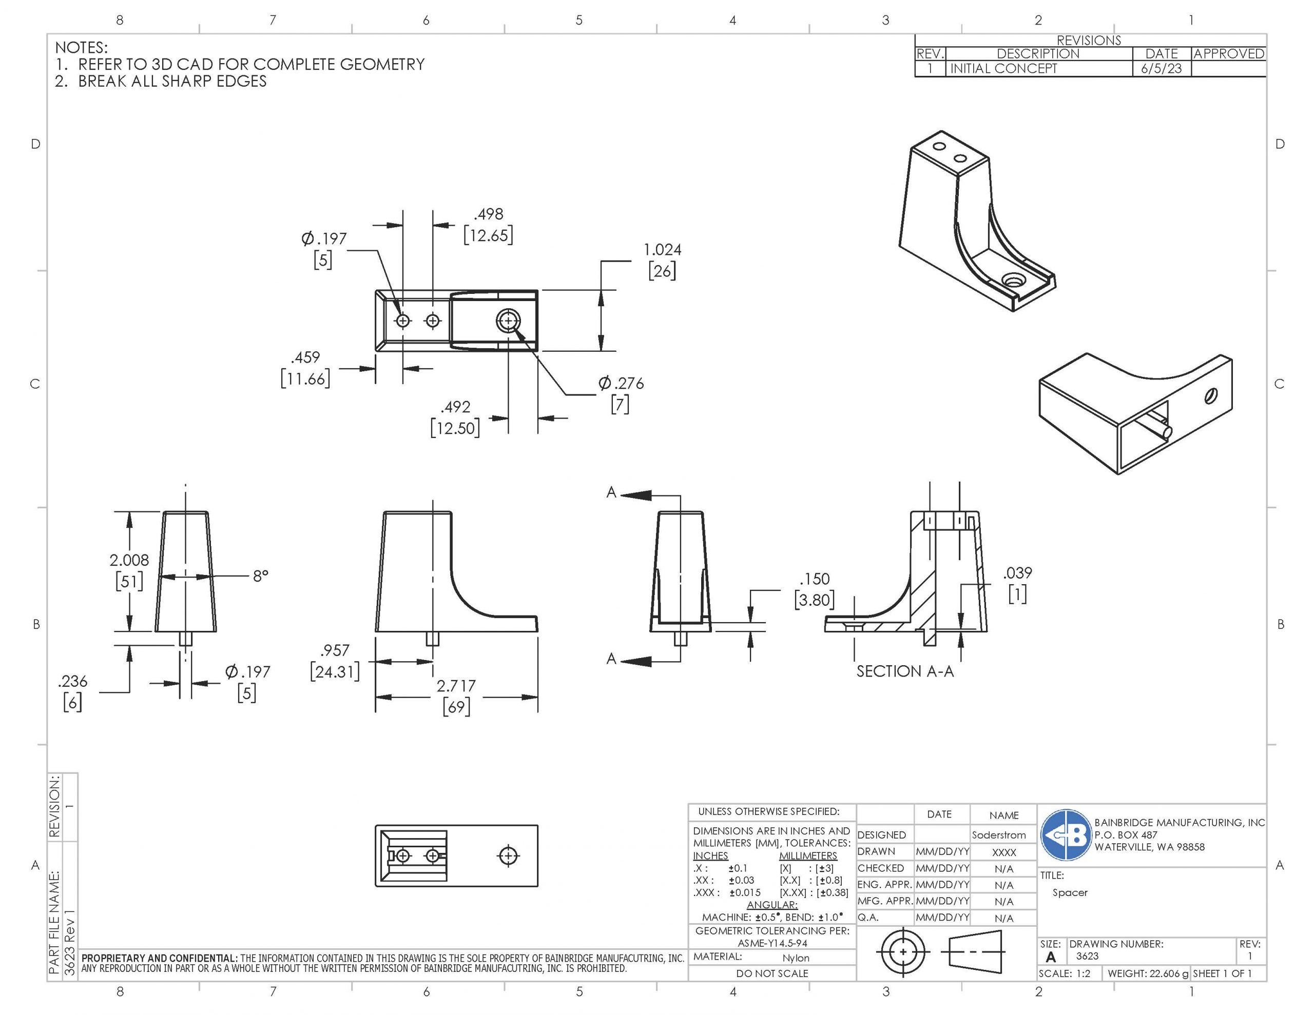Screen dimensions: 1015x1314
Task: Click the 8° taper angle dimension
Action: pyautogui.click(x=260, y=576)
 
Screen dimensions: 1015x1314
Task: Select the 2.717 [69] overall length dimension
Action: pyautogui.click(x=456, y=695)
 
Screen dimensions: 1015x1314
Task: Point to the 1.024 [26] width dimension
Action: pyautogui.click(x=662, y=260)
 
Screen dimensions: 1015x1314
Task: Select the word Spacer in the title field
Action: pyautogui.click(x=1070, y=892)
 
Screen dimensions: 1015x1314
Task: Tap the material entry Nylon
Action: pyautogui.click(x=796, y=958)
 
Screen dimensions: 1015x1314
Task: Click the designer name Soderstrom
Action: pyautogui.click(x=998, y=834)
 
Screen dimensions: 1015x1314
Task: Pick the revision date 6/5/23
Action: pyautogui.click(x=1161, y=69)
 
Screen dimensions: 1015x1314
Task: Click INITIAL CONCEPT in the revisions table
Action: pyautogui.click(x=1003, y=69)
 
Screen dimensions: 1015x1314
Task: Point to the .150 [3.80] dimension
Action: pyautogui.click(x=814, y=589)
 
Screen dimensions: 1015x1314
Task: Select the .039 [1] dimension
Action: pyautogui.click(x=1017, y=583)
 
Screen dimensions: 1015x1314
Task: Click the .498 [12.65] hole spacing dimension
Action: pyautogui.click(x=488, y=224)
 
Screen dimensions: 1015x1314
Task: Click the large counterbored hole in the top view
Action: pyautogui.click(x=508, y=321)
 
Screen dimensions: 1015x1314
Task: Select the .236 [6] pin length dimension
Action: pyautogui.click(x=73, y=691)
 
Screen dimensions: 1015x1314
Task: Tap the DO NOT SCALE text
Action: pyautogui.click(x=772, y=973)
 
